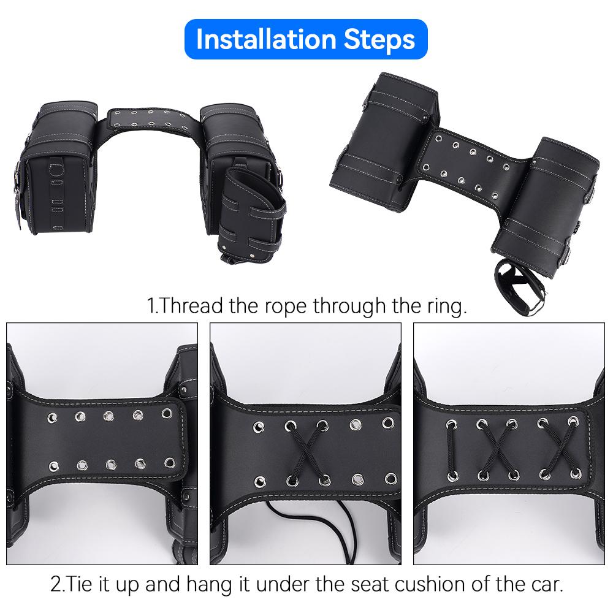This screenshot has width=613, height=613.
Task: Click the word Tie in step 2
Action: click(x=79, y=583)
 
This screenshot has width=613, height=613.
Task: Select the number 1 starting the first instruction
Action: click(x=151, y=305)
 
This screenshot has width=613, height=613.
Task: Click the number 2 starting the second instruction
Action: click(x=56, y=583)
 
